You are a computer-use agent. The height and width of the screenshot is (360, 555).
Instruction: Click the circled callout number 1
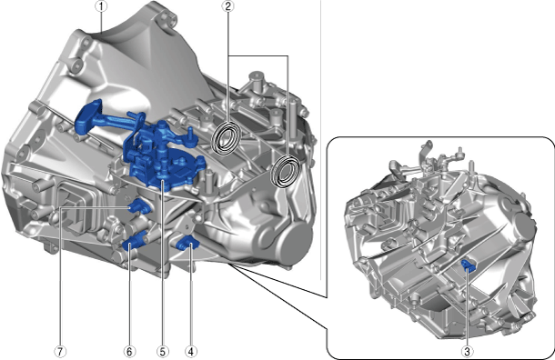pyautogui.click(x=101, y=6)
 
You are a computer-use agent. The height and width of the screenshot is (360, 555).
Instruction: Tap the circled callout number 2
pyautogui.click(x=228, y=6)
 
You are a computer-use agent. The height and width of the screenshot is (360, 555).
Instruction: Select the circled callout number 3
pyautogui.click(x=468, y=351)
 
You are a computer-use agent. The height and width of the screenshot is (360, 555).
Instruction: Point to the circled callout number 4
pyautogui.click(x=191, y=351)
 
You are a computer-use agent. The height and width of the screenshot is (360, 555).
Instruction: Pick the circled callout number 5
pyautogui.click(x=163, y=351)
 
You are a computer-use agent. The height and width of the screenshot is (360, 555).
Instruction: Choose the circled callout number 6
pyautogui.click(x=129, y=351)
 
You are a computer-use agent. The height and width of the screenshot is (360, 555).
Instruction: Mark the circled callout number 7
pyautogui.click(x=60, y=351)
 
